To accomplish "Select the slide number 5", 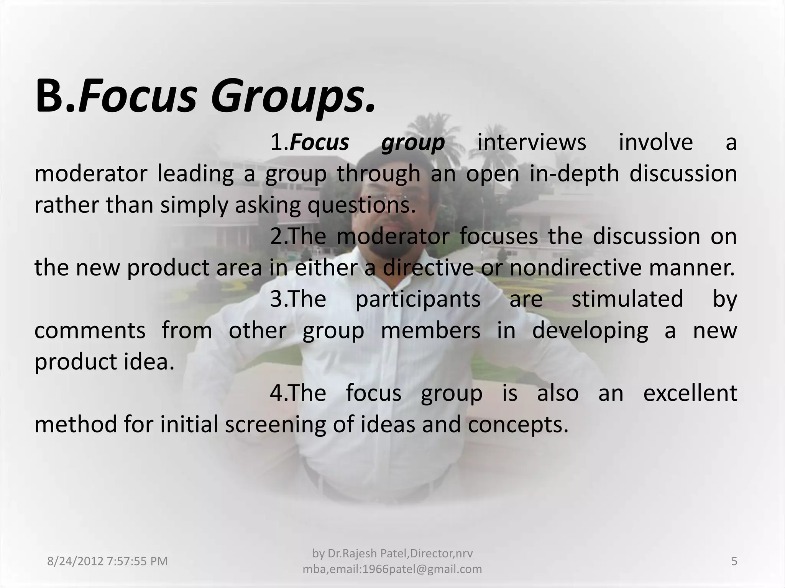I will coord(734,562).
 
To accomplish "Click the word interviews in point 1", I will coord(532,143).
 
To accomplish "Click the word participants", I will coord(418,299).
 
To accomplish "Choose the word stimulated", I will coord(627,299).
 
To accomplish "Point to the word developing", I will coord(590,331).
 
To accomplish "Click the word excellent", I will coord(690,394).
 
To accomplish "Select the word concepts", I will coord(518,425).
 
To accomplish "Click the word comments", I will coord(90,331).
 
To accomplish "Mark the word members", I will coord(430,331).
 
